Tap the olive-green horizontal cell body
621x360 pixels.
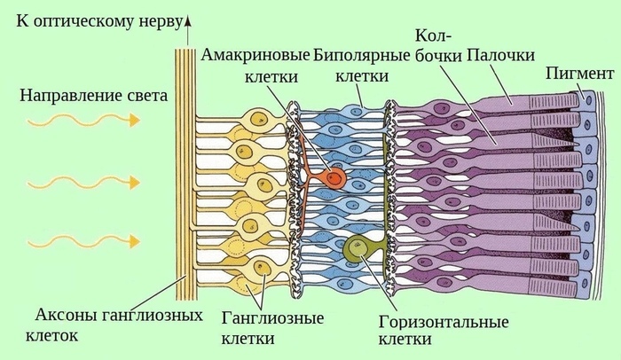click(356, 249)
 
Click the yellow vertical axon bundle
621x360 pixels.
click(185, 177)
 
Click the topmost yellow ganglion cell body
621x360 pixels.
click(259, 119)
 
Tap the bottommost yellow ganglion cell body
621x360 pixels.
click(260, 270)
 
